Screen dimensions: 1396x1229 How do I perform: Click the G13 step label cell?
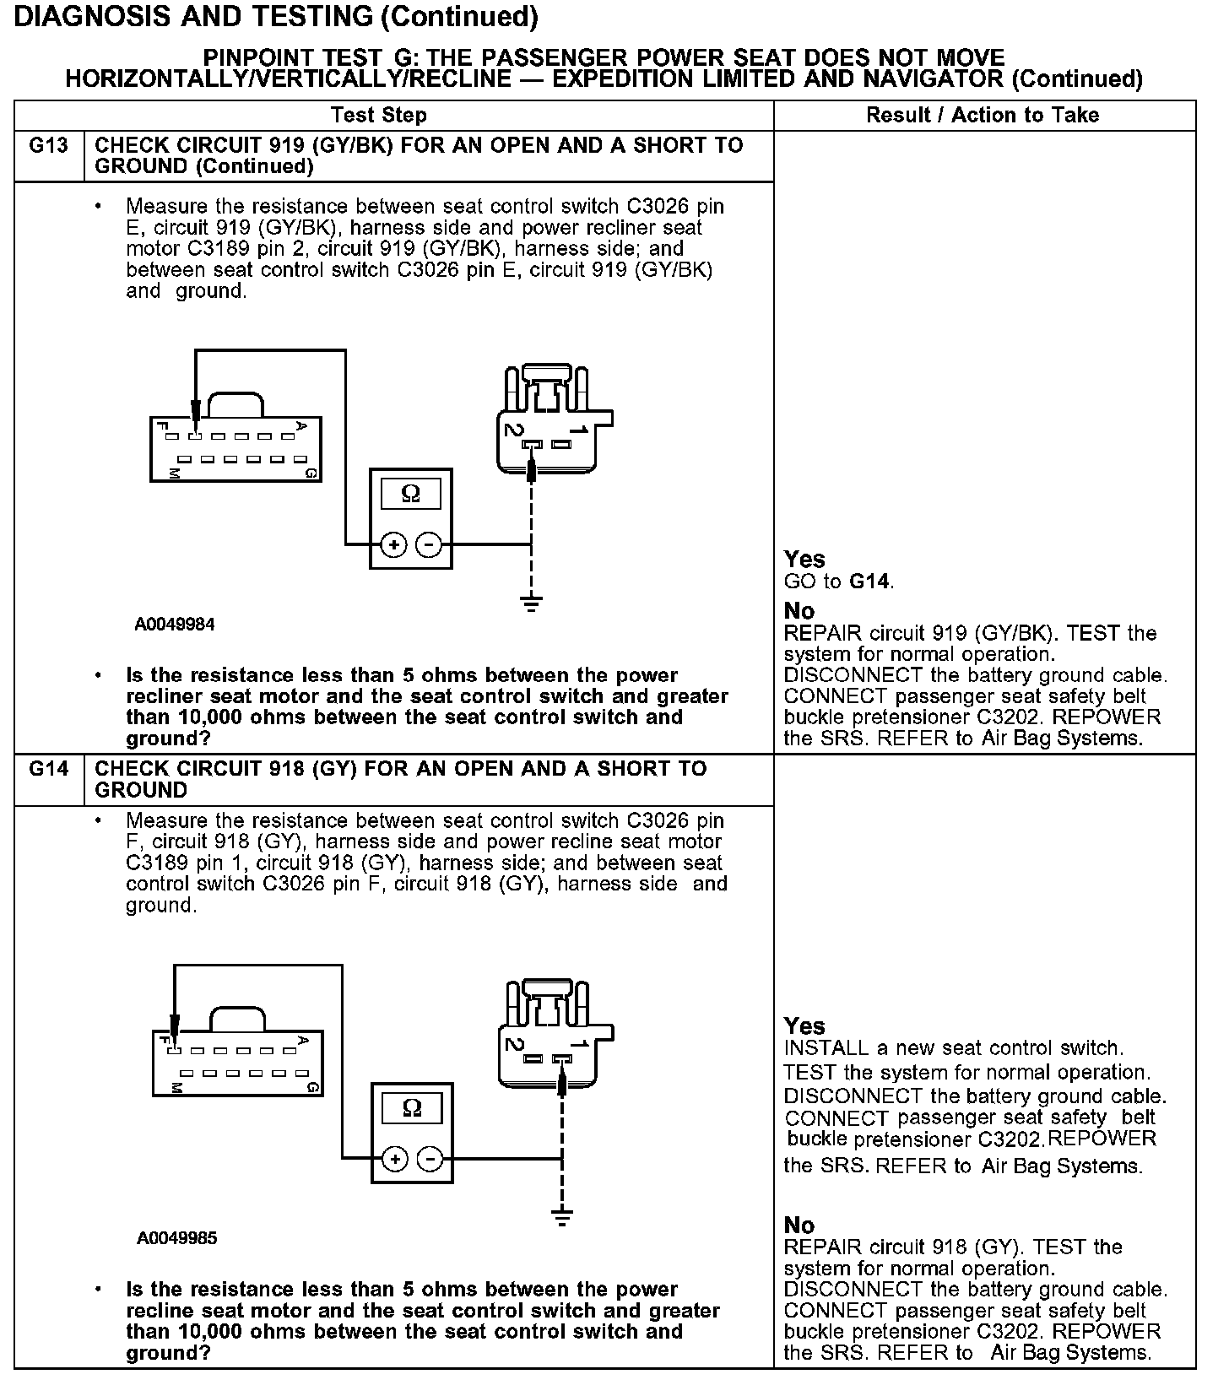coord(48,146)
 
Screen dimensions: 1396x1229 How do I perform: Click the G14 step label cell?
coord(48,769)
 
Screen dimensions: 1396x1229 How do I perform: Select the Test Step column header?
coord(378,116)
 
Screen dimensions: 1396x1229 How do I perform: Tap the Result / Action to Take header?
coord(983,116)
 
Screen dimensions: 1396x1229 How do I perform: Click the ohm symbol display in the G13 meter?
coord(410,494)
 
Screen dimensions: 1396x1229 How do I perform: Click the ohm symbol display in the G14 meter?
coord(412,1107)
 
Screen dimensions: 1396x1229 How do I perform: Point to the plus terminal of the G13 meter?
coord(393,545)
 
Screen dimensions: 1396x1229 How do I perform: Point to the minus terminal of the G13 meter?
coord(429,545)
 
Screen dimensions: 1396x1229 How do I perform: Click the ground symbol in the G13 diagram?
coord(531,603)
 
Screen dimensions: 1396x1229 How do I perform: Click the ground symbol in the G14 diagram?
coord(562,1217)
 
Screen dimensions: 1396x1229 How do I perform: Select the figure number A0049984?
coord(175,625)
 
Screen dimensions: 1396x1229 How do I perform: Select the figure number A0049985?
coord(176,1238)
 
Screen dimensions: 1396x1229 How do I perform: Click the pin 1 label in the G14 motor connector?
coord(579,1044)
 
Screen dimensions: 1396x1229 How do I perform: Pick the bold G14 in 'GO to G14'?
coord(869,582)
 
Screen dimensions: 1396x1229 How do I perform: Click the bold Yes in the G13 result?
coord(804,560)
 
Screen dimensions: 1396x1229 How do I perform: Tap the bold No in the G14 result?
coord(799,1226)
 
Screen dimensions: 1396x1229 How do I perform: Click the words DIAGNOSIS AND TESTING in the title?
coord(192,16)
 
